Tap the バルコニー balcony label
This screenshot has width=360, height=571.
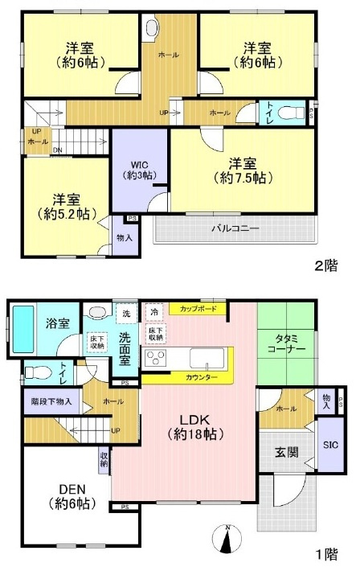coord(235,228)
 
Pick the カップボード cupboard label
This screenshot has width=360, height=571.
coord(197,307)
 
